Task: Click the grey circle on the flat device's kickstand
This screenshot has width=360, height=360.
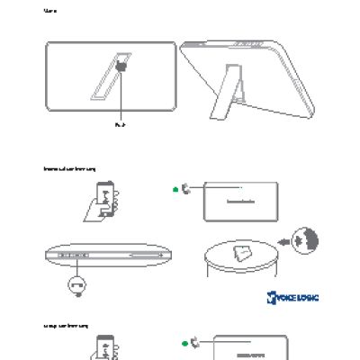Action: click(x=121, y=67)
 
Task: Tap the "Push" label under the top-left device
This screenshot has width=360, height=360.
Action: click(x=121, y=125)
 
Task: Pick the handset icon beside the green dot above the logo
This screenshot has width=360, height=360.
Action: click(x=185, y=189)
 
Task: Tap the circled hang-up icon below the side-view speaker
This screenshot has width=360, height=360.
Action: click(x=76, y=286)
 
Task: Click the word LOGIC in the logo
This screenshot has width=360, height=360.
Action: click(x=303, y=297)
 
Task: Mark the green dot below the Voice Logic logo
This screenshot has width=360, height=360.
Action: click(x=183, y=343)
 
